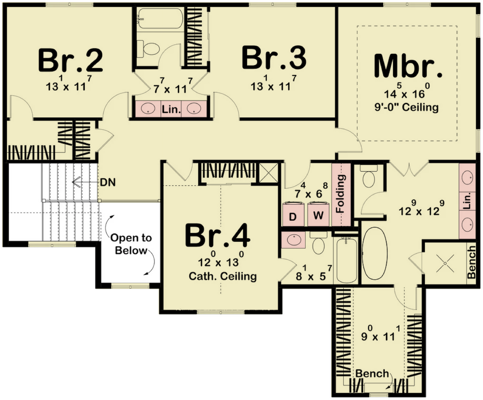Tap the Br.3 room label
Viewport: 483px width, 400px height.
[x=274, y=58]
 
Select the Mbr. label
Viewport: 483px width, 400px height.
[x=408, y=66]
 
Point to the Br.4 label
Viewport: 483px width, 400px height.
[x=217, y=235]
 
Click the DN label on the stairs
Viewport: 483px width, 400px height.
[x=108, y=183]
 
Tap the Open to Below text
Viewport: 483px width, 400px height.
[x=131, y=244]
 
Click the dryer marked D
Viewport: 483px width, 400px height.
[x=293, y=214]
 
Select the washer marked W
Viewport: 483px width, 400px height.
[x=318, y=214]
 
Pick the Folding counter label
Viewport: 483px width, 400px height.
[x=341, y=194]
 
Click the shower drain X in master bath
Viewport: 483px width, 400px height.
[x=445, y=263]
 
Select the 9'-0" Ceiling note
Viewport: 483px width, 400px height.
[x=407, y=107]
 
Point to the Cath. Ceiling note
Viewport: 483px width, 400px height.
[x=223, y=276]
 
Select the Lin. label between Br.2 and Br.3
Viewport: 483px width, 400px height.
[x=171, y=109]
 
